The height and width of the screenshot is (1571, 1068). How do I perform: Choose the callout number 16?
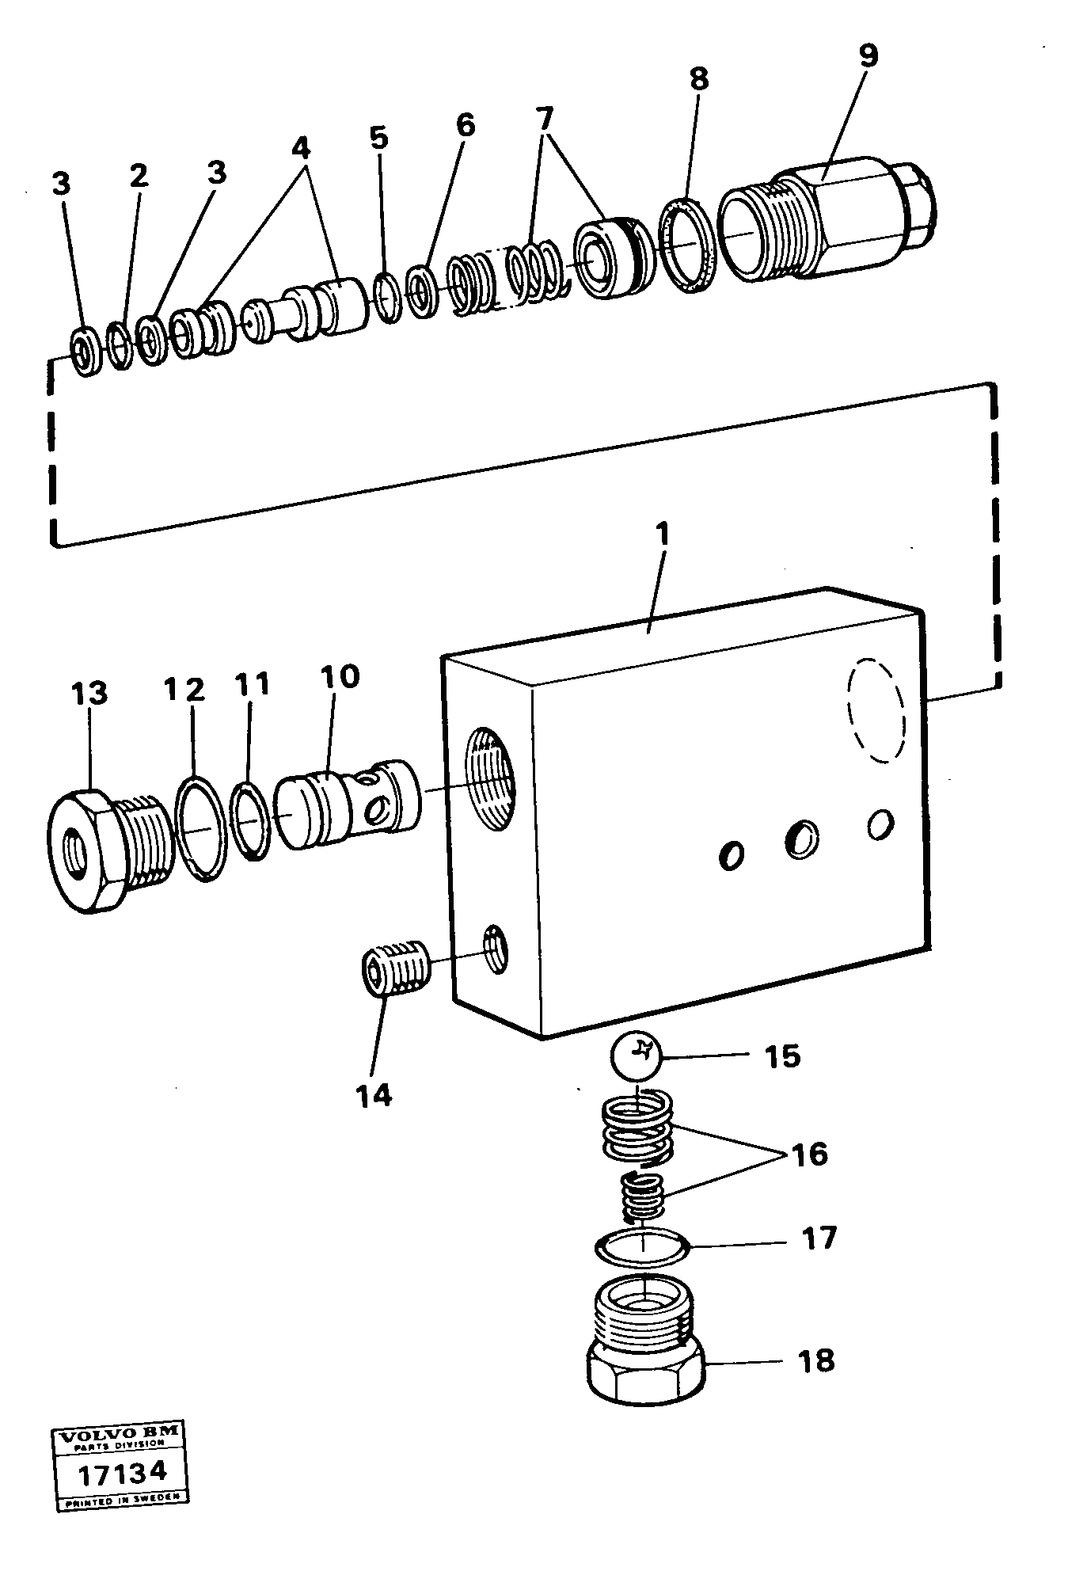pos(808,1154)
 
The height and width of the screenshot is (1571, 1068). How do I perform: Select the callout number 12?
pos(184,689)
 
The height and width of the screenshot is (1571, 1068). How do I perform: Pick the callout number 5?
pos(379,139)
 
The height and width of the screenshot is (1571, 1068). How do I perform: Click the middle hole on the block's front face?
pos(801,836)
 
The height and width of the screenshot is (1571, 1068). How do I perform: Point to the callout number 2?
pos(139,176)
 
